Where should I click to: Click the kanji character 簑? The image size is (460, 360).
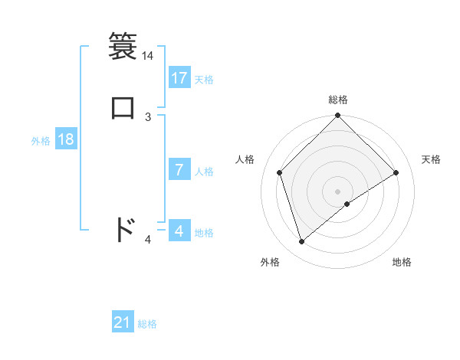pos(123,45)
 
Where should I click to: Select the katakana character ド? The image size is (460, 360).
pos(124,229)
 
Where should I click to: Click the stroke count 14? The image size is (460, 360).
pos(147,56)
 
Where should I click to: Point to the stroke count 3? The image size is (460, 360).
pos(148,116)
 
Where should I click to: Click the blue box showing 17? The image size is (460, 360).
pos(179,78)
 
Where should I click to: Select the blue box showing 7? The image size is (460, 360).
pos(179,170)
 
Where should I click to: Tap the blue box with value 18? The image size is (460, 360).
pos(66,139)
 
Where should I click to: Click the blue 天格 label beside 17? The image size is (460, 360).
pos(204,80)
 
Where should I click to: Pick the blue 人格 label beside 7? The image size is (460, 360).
pos(204,172)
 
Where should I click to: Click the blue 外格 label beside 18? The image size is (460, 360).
pos(41,141)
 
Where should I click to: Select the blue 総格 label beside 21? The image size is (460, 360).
pos(147,324)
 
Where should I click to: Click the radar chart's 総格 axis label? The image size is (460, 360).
pos(338,100)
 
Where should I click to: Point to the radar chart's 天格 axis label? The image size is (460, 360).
pos(432,159)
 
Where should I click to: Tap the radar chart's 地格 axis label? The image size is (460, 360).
pos(402,262)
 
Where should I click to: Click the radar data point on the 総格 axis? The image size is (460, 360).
pos(338,116)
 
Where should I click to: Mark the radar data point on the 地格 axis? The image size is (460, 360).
pos(347,204)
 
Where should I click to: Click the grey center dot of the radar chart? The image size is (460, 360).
pos(338,191)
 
